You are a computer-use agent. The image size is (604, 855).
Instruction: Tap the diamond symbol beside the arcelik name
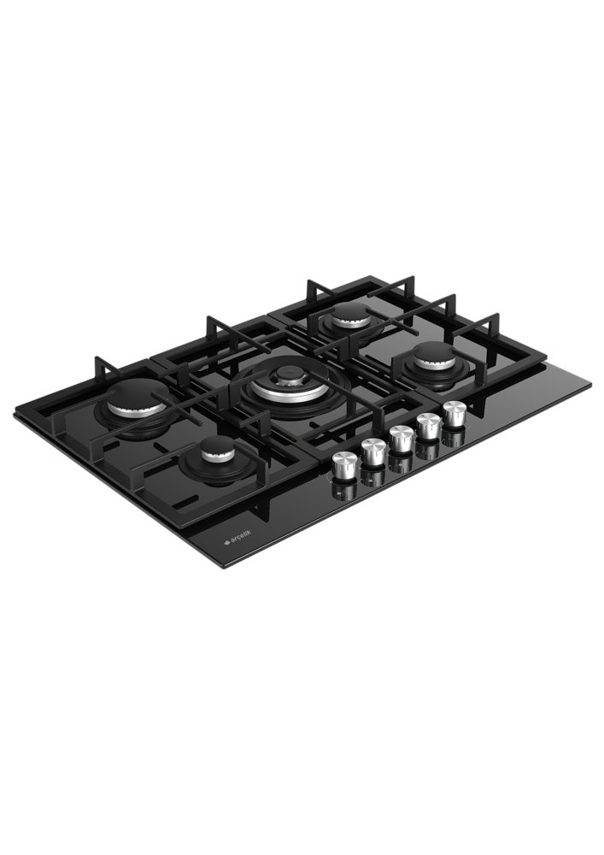coord(227,541)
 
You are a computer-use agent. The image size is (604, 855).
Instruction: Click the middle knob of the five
coord(400,439)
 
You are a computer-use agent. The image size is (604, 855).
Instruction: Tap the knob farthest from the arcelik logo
coord(453,411)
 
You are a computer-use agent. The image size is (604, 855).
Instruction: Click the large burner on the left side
coord(137,405)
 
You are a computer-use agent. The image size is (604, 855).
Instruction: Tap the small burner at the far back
coord(349,315)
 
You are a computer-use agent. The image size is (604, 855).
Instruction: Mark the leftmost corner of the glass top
coord(14,415)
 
